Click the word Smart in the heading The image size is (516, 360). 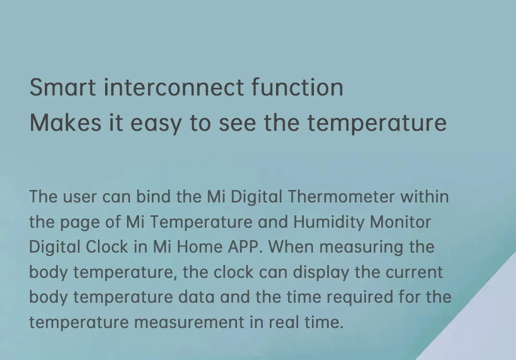pyautogui.click(x=63, y=87)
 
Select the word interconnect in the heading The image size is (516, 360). pyautogui.click(x=174, y=87)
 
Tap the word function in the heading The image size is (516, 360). pyautogui.click(x=298, y=87)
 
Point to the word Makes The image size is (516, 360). pyautogui.click(x=65, y=123)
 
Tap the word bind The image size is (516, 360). pyautogui.click(x=153, y=196)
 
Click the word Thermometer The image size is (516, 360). pyautogui.click(x=341, y=196)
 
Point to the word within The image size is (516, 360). pyautogui.click(x=425, y=196)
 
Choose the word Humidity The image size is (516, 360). pyautogui.click(x=329, y=222)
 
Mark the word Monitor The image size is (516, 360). pyautogui.click(x=400, y=222)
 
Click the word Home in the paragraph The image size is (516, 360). pyautogui.click(x=199, y=246)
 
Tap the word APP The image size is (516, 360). pyautogui.click(x=245, y=246)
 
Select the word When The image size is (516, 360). pyautogui.click(x=291, y=246)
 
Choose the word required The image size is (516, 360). pyautogui.click(x=360, y=297)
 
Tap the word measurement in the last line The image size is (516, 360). pyautogui.click(x=189, y=323)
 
